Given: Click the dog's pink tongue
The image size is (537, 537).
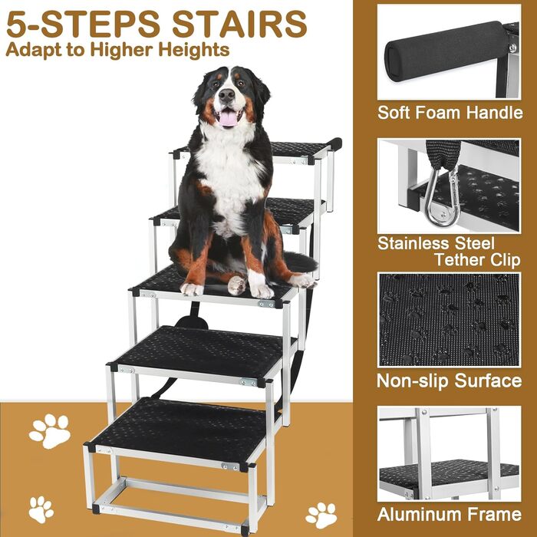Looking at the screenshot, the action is pyautogui.click(x=228, y=118).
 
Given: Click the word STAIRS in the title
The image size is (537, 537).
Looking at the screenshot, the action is pyautogui.click(x=239, y=24).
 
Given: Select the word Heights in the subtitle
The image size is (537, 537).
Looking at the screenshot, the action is pyautogui.click(x=194, y=51).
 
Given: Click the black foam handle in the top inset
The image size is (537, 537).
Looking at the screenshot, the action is pyautogui.click(x=448, y=51).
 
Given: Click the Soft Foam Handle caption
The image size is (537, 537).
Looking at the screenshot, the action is pyautogui.click(x=450, y=113).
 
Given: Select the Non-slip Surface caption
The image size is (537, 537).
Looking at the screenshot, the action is pyautogui.click(x=450, y=381).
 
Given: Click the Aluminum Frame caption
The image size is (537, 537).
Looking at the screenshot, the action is pyautogui.click(x=450, y=515).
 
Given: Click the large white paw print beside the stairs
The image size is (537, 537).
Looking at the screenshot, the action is pyautogui.click(x=50, y=430).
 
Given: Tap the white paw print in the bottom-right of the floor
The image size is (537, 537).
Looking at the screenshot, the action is pyautogui.click(x=321, y=516).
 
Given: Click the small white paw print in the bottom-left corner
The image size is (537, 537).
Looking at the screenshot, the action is pyautogui.click(x=41, y=509).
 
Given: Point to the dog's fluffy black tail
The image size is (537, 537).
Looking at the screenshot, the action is pyautogui.click(x=299, y=262).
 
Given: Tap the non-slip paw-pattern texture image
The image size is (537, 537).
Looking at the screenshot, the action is pyautogui.click(x=449, y=320).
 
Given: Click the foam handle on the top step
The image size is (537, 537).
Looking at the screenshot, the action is pyautogui.click(x=334, y=144).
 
